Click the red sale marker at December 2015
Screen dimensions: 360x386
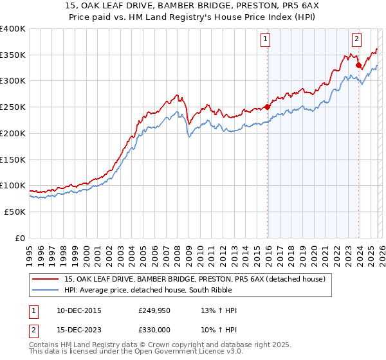(267, 107)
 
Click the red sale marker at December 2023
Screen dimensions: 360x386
(358, 64)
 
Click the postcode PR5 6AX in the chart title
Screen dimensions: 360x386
(270, 6)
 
